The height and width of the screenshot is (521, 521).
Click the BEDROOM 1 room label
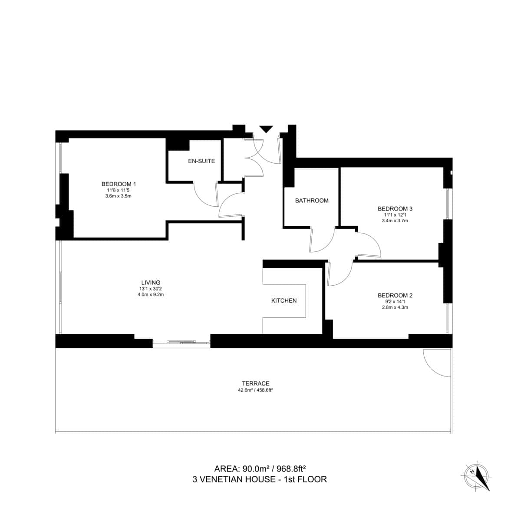(x=119, y=184)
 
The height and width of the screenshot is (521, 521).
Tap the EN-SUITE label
(x=201, y=161)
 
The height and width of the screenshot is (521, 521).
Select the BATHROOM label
(x=312, y=201)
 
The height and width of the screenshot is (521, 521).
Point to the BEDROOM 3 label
(x=395, y=208)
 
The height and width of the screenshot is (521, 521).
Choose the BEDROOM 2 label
(x=395, y=295)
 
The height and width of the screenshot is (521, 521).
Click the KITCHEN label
(x=284, y=300)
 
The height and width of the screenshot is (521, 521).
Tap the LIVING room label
(x=151, y=282)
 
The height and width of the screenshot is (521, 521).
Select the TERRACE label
(x=256, y=383)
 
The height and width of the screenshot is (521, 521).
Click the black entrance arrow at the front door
(x=266, y=129)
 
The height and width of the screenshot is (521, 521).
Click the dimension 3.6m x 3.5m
(x=119, y=196)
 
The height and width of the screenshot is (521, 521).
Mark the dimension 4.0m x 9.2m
(x=151, y=294)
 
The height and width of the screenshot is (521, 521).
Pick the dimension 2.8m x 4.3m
(x=395, y=307)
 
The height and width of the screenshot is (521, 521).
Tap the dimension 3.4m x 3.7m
(x=395, y=221)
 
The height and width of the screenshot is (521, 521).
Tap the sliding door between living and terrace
(x=181, y=342)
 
